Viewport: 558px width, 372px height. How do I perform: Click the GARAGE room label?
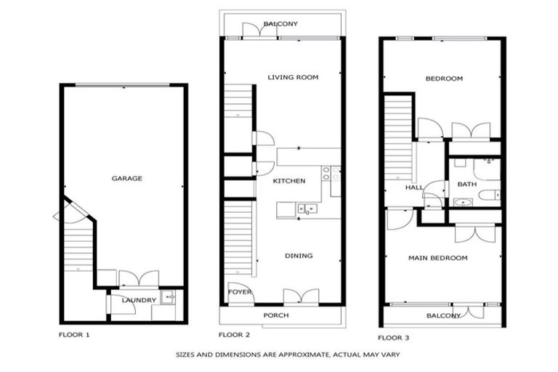click(x=126, y=178)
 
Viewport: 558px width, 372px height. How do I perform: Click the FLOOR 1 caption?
click(x=74, y=335)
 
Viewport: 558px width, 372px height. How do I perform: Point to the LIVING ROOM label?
click(x=293, y=77)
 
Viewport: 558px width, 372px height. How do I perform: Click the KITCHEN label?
click(x=288, y=181)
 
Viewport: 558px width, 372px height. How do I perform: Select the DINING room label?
click(x=299, y=256)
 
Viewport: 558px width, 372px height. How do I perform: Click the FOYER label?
click(x=240, y=292)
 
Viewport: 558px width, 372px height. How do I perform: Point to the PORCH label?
click(x=276, y=315)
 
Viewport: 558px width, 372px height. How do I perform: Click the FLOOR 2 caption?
click(x=234, y=335)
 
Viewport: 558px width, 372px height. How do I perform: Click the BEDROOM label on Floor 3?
click(x=443, y=78)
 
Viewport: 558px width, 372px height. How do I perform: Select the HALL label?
click(x=414, y=187)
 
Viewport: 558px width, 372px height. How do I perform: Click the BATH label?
click(x=466, y=184)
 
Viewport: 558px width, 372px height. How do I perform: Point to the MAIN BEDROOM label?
click(x=437, y=258)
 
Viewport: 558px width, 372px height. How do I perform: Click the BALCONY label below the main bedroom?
click(x=443, y=315)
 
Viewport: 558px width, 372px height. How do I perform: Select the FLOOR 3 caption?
click(x=393, y=338)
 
